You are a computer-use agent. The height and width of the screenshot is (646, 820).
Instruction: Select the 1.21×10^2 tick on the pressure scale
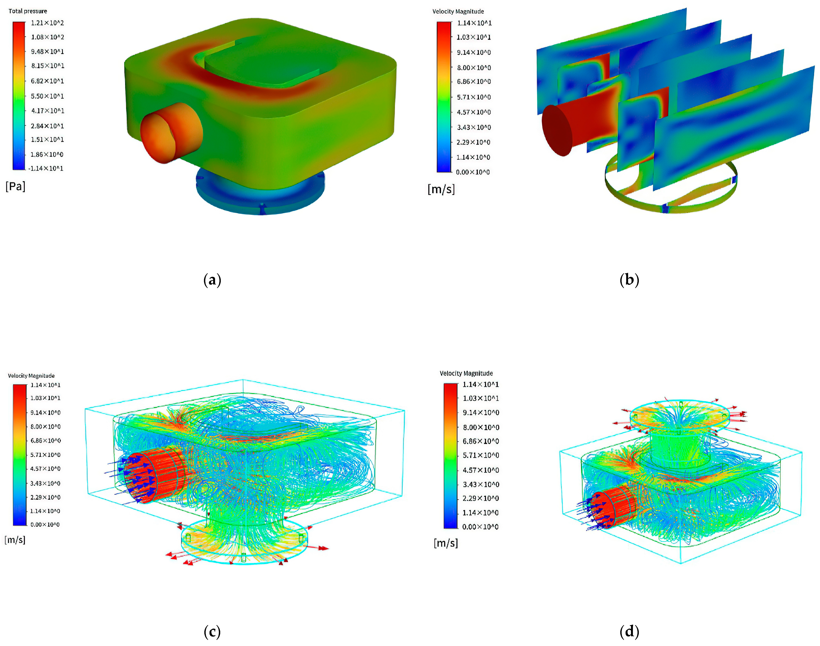[x=47, y=23]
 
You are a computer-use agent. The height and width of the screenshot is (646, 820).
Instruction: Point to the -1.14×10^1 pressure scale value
[x=46, y=168]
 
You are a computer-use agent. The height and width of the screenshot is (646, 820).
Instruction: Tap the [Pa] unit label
[x=16, y=186]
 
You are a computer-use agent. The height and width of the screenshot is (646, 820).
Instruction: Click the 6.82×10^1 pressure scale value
[x=47, y=81]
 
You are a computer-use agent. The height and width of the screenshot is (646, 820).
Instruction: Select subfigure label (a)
[x=212, y=280]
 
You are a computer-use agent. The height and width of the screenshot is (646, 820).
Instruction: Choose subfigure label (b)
[x=629, y=280]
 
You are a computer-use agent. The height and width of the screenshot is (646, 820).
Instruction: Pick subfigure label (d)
[x=629, y=632]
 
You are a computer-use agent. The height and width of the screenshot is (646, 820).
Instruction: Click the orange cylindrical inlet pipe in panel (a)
[x=171, y=132]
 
